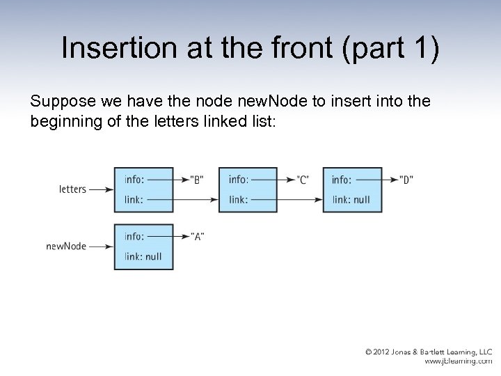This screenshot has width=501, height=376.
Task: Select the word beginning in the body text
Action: coord(65,122)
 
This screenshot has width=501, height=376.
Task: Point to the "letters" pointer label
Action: coord(72,189)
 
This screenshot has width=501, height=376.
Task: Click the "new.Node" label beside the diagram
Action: coord(66,246)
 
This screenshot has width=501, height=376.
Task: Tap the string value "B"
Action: coord(196,180)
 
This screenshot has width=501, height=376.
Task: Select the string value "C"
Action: coord(302,180)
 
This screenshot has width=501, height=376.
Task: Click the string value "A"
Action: coord(196,236)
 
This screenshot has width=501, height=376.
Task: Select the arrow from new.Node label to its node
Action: coord(102,246)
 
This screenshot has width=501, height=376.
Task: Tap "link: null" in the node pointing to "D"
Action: coord(351,200)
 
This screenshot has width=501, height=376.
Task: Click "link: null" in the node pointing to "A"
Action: coord(143,256)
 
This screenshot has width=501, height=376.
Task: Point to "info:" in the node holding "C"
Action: coord(239,180)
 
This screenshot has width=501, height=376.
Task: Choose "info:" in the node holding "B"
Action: coord(135,180)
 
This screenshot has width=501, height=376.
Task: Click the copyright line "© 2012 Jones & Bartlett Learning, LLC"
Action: coord(429,352)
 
